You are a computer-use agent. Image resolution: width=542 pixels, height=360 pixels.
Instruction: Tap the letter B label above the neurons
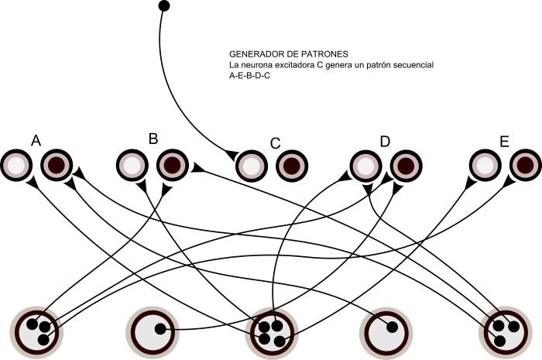[153, 139]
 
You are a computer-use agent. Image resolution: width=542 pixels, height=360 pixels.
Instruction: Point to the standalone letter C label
[275, 143]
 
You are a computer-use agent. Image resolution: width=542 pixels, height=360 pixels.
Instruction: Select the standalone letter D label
[385, 141]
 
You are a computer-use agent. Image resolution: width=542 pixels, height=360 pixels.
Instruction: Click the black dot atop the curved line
[163, 6]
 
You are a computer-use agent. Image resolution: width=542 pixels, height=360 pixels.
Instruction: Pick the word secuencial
[410, 66]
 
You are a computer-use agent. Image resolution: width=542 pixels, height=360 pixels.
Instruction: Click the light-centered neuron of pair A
[16, 164]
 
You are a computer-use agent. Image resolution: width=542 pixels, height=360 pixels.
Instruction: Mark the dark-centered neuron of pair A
[57, 164]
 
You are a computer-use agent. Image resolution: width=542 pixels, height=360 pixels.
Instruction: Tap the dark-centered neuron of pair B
[173, 164]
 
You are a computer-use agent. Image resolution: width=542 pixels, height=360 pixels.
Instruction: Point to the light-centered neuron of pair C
[250, 164]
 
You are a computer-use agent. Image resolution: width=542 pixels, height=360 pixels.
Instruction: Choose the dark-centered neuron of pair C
[290, 164]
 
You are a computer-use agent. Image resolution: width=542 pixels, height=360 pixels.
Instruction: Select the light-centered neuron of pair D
[364, 164]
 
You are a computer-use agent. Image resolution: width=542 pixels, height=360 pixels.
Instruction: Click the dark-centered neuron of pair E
[524, 164]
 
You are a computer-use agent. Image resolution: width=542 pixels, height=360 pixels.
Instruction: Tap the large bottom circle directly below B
[154, 331]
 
